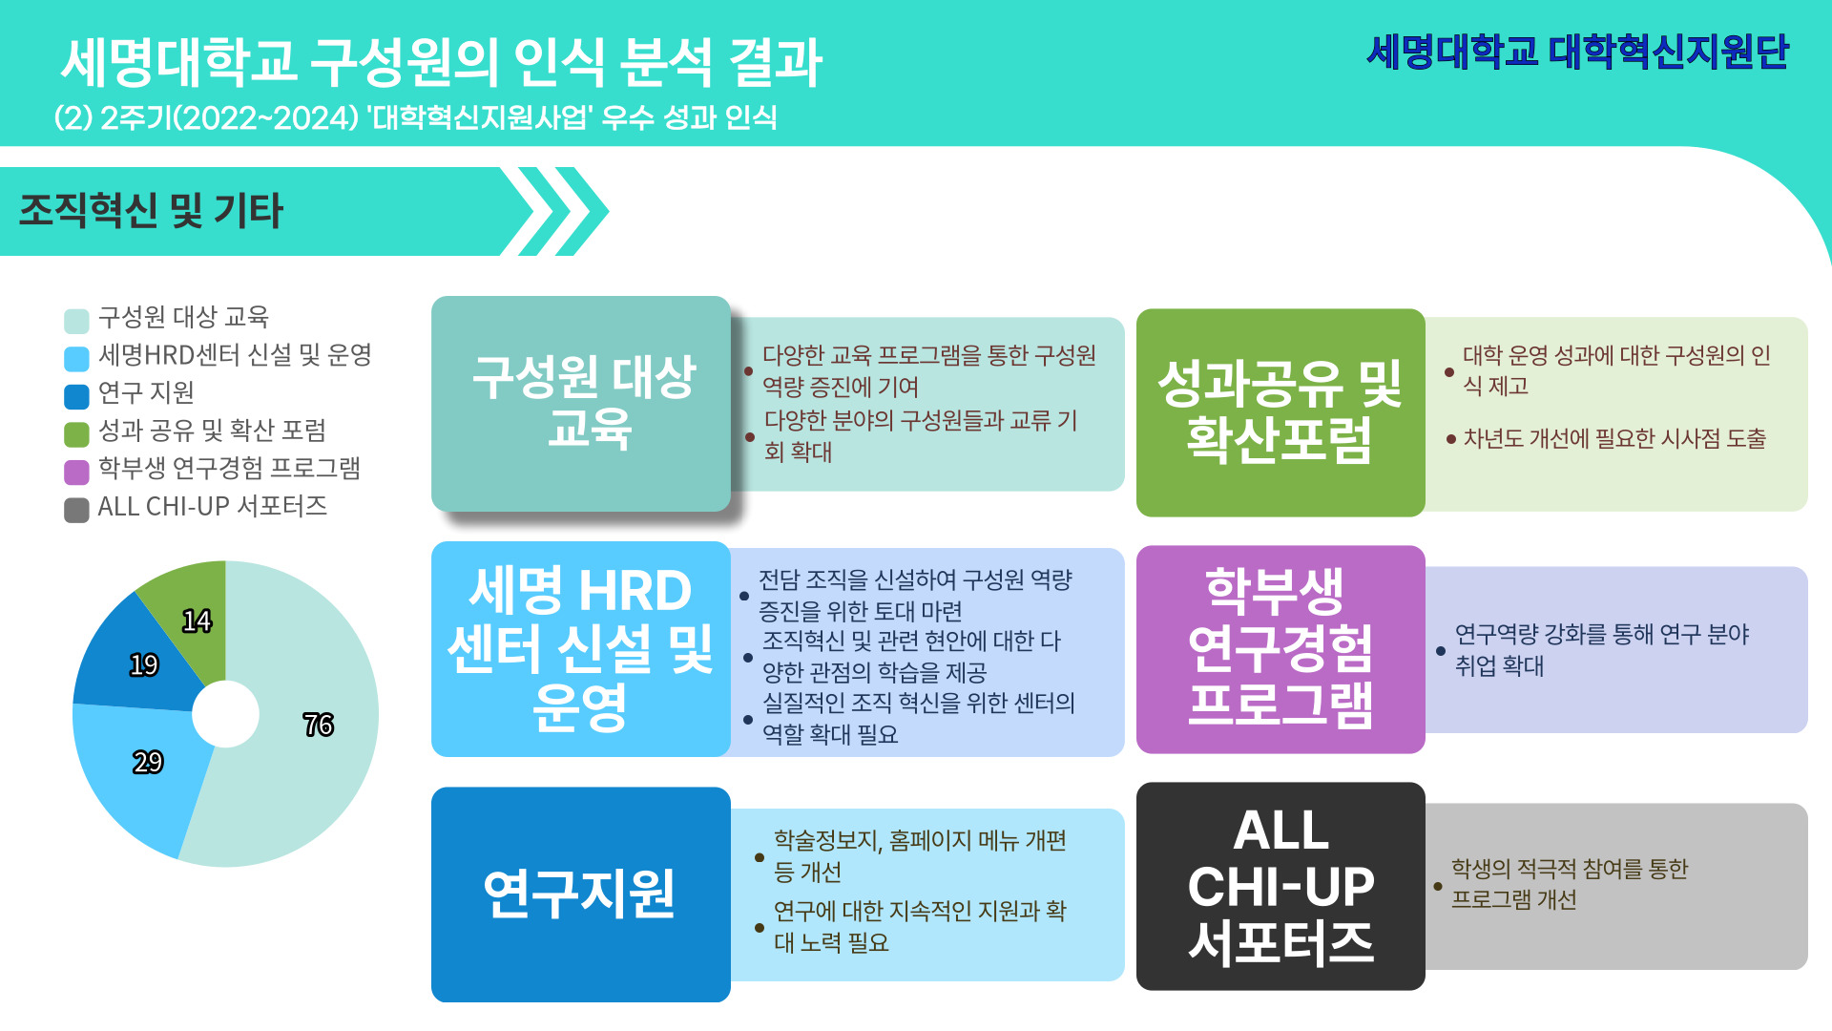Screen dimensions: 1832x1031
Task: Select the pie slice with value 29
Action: point(143,773)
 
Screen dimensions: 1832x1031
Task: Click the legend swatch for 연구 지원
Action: point(76,395)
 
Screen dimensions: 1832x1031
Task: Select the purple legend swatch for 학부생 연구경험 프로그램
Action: point(76,472)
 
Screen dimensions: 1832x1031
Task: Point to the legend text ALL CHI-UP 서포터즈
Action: point(213,506)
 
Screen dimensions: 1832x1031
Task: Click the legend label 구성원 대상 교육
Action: point(184,317)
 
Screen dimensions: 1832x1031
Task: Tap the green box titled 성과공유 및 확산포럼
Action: point(1280,412)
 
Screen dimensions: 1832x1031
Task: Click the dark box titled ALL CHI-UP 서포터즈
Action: point(1280,886)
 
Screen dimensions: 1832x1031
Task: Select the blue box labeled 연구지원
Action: point(580,894)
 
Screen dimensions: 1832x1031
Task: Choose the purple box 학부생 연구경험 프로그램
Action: point(1280,649)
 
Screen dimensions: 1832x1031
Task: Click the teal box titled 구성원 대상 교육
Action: point(580,404)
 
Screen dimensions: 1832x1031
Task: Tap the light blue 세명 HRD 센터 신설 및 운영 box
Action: point(580,649)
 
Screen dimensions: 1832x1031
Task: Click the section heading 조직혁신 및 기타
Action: point(151,211)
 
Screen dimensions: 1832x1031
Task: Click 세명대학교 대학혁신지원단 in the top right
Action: point(1578,52)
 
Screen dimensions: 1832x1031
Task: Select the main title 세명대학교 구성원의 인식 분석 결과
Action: point(442,62)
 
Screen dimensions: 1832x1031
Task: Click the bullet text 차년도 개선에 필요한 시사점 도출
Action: point(1614,438)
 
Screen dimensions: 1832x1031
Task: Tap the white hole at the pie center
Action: point(225,714)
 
